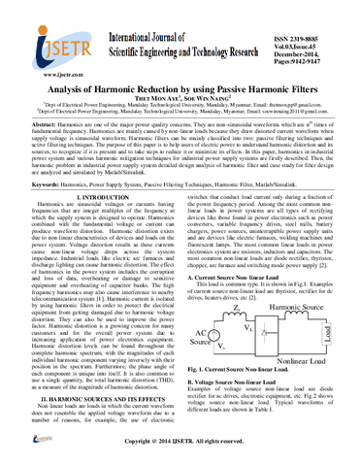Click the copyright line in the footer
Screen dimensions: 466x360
click(x=180, y=452)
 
